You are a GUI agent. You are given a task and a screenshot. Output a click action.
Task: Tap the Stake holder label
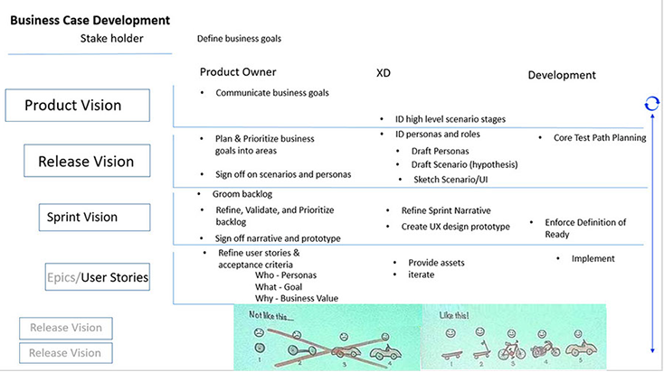(x=111, y=38)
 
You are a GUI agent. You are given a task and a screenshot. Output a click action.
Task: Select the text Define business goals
(x=239, y=39)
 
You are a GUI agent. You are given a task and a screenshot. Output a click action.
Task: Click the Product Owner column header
(x=238, y=72)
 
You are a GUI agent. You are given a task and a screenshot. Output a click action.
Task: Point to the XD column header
(x=383, y=73)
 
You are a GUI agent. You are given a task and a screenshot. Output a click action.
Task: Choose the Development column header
(x=562, y=75)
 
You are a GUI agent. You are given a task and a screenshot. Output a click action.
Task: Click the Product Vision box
(x=72, y=106)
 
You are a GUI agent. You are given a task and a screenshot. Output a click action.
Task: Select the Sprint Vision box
(x=82, y=217)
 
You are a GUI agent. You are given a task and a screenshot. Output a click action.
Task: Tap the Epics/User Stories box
(x=98, y=276)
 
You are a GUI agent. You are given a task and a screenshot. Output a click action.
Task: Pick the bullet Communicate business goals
(x=272, y=92)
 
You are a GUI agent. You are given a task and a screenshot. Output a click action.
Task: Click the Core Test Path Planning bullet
(x=600, y=138)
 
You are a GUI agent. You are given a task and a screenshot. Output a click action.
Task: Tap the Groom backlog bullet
(x=242, y=194)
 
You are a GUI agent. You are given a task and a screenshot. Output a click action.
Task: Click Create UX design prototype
(x=455, y=226)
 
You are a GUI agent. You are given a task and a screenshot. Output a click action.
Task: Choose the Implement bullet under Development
(x=593, y=258)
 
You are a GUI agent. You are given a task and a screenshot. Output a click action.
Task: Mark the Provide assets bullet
(x=436, y=262)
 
